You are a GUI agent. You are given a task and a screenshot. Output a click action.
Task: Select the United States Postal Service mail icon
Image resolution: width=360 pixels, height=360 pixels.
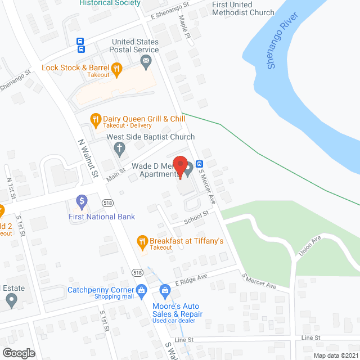[x=146, y=61]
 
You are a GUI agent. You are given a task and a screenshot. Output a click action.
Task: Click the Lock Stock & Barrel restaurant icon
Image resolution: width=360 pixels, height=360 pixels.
[x=117, y=69]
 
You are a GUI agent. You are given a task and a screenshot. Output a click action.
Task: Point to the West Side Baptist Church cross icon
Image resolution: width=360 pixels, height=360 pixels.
[x=119, y=148]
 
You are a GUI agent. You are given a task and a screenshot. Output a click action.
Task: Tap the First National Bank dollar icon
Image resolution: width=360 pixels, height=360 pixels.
[x=82, y=201]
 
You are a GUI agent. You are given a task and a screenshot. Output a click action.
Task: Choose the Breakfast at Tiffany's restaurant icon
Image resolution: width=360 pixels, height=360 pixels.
[x=142, y=241]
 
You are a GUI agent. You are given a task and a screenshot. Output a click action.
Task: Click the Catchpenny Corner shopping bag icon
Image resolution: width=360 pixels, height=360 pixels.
[x=142, y=290]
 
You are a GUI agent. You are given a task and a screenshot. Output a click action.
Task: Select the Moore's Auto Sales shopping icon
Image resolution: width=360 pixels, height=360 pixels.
[x=165, y=291]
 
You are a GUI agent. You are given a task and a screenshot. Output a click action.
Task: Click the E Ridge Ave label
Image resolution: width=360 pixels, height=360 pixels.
[x=191, y=279]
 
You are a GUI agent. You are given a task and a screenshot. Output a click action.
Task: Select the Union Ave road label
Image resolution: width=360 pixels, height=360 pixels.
[x=309, y=246]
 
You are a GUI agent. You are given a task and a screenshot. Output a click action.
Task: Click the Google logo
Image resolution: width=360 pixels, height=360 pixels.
[x=18, y=353]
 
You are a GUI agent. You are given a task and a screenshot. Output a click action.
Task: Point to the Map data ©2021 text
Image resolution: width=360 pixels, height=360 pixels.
[x=335, y=355]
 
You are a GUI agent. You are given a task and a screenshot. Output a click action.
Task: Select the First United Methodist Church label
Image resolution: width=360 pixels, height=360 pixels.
[x=243, y=8]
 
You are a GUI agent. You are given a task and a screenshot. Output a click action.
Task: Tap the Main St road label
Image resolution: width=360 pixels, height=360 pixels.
[x=115, y=173]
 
